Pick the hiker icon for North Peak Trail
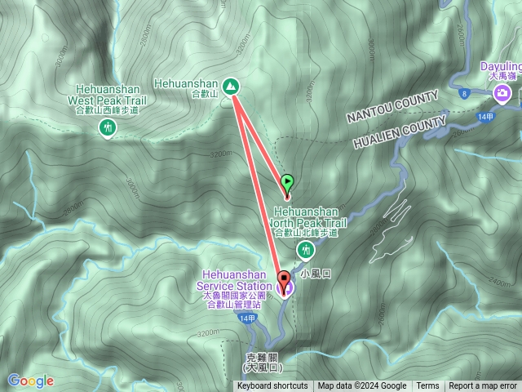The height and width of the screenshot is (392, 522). [308, 250]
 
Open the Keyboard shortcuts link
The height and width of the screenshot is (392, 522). [272, 386]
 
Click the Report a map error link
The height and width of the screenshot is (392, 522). [484, 386]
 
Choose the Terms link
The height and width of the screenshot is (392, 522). [427, 386]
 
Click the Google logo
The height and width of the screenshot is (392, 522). [31, 381]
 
